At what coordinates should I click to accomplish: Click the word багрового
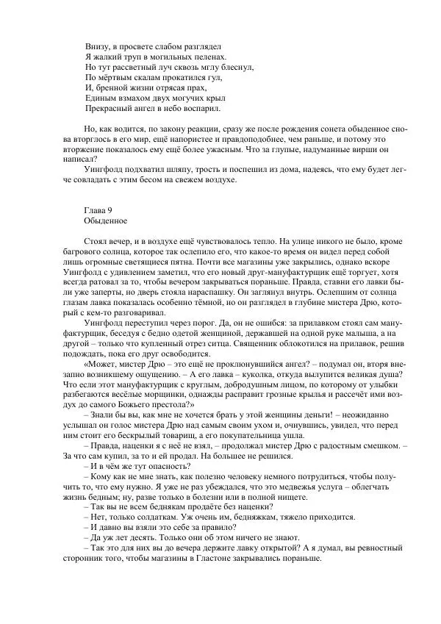[85, 251]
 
